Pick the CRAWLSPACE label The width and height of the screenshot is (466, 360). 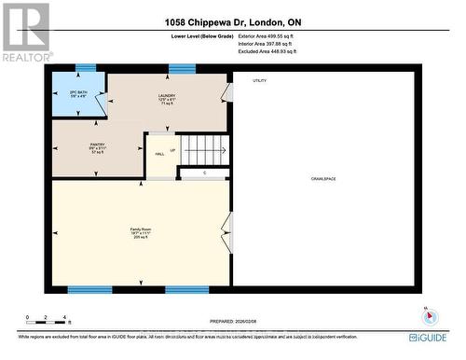click(x=324, y=178)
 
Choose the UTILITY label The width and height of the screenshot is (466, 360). click(x=259, y=81)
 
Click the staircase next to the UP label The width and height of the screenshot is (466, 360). click(x=205, y=148)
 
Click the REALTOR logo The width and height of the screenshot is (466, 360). click(x=25, y=33)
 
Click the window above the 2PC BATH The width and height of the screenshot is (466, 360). click(x=86, y=67)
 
